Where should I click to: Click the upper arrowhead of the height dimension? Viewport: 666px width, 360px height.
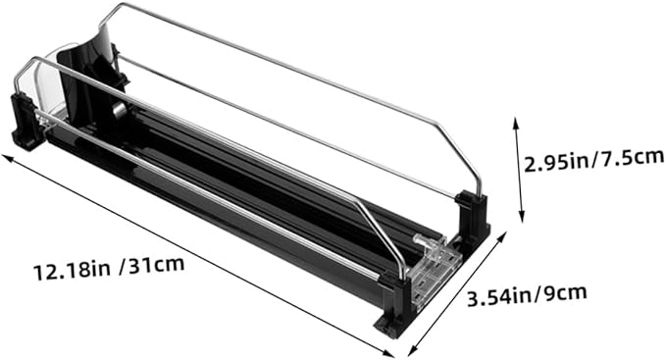click(516, 123)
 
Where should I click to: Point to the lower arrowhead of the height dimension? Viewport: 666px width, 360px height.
click(521, 217)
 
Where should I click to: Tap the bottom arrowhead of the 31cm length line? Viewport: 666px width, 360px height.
click(388, 353)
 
